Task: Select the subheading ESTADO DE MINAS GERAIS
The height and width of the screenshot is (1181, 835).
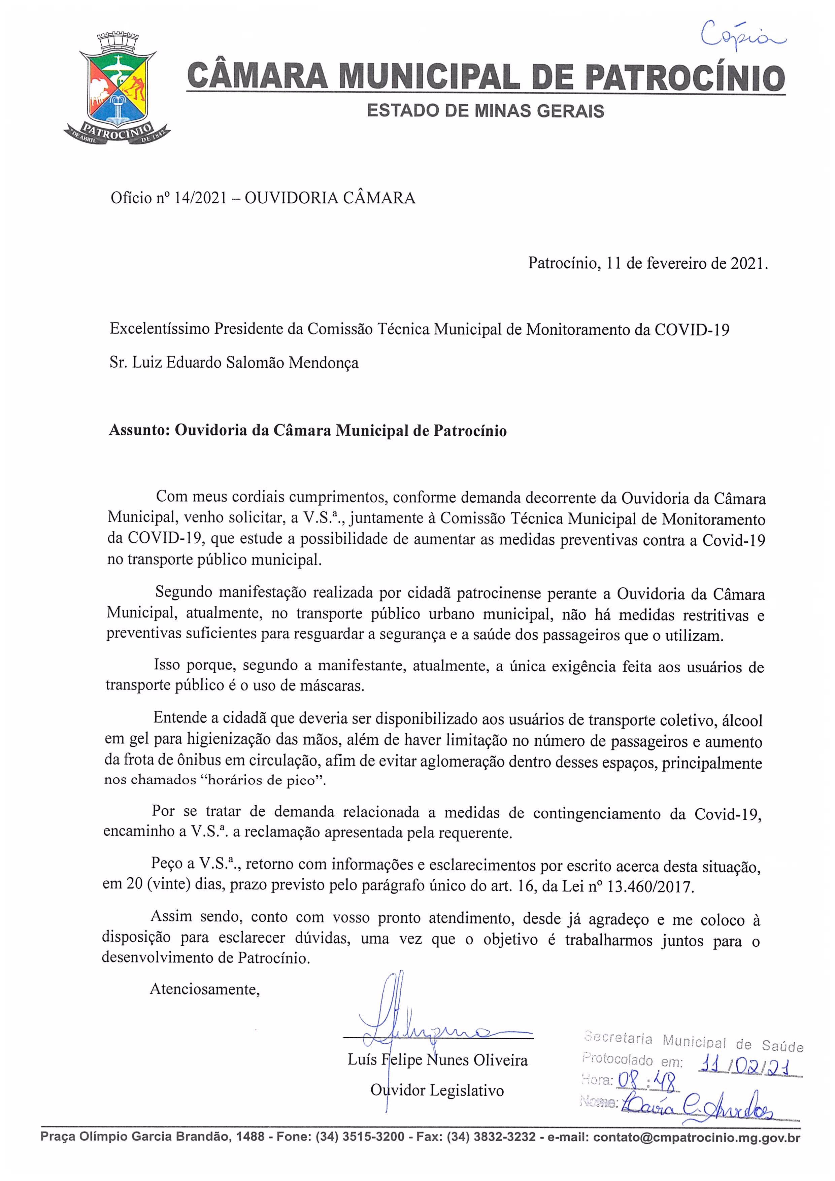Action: coord(485,111)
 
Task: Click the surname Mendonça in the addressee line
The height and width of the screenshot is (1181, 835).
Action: coord(323,363)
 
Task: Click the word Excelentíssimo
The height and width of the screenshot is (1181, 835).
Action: coord(160,329)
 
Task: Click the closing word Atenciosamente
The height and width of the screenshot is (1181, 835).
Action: coord(204,989)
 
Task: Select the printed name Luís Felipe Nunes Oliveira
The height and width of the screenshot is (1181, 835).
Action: coord(437,1060)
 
